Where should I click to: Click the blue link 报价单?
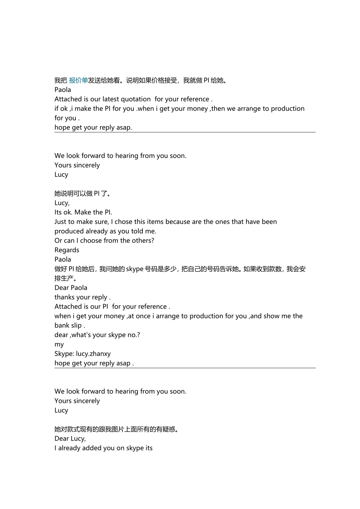pyautogui.click(x=78, y=80)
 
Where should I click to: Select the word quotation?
pyautogui.click(x=135, y=99)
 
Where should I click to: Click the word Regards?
pyautogui.click(x=67, y=250)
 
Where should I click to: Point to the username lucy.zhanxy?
pyautogui.click(x=93, y=354)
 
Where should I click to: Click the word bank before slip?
pyautogui.click(x=62, y=325)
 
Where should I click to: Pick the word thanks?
pyautogui.click(x=64, y=297)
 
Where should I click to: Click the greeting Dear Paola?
pyautogui.click(x=71, y=288)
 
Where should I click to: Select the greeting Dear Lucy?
pyautogui.click(x=70, y=439)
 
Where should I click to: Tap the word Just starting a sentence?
pyautogui.click(x=61, y=222)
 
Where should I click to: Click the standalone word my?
pyautogui.click(x=59, y=344)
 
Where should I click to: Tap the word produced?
pyautogui.click(x=69, y=231)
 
